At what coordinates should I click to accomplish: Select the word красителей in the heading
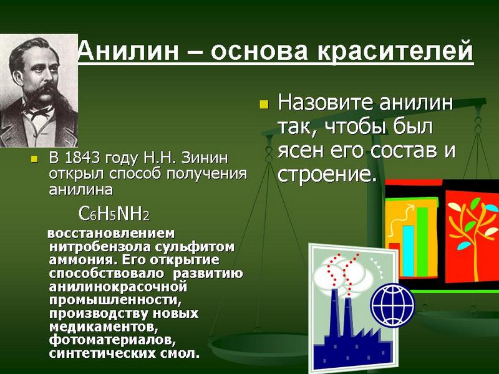(395, 52)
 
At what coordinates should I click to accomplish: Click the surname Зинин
(205, 158)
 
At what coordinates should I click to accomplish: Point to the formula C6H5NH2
(114, 213)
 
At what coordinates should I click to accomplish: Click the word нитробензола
(101, 247)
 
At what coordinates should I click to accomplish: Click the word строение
(324, 174)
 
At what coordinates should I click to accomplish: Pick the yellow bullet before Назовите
(264, 104)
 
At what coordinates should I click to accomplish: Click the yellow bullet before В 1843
(34, 159)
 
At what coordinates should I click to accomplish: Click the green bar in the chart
(422, 242)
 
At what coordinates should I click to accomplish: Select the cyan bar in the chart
(409, 251)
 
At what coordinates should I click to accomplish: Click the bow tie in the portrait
(39, 112)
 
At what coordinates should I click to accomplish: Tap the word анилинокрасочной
(118, 287)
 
